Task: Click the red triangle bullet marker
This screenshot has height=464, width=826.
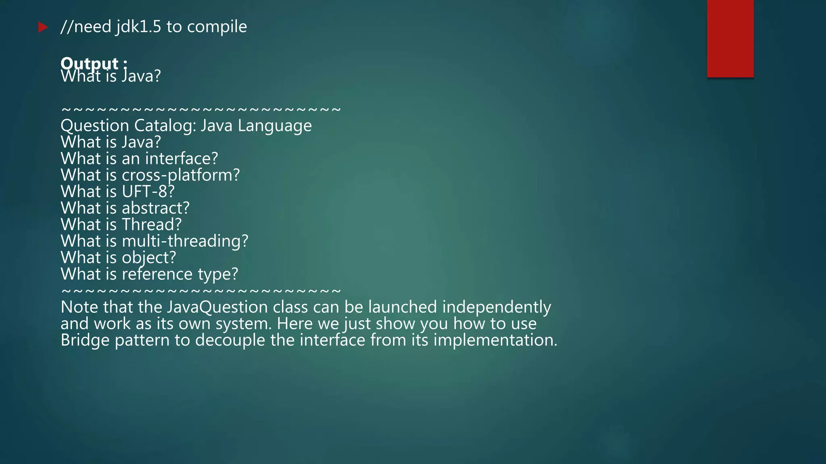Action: click(43, 27)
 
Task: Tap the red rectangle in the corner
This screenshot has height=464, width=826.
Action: click(730, 38)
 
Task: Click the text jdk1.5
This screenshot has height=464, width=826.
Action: click(138, 27)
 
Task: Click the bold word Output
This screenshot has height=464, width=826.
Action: click(90, 63)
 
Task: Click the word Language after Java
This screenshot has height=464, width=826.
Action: click(274, 126)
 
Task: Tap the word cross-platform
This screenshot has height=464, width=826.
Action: click(181, 175)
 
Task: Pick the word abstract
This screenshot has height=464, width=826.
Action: click(155, 208)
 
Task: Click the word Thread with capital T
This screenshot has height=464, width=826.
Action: click(152, 225)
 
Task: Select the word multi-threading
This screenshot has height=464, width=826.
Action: click(185, 241)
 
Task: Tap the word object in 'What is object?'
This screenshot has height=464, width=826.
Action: click(149, 258)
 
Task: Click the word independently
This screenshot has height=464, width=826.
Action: click(496, 307)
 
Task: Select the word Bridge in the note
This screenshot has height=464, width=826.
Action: click(85, 340)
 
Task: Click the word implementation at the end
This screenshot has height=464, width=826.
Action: click(495, 340)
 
